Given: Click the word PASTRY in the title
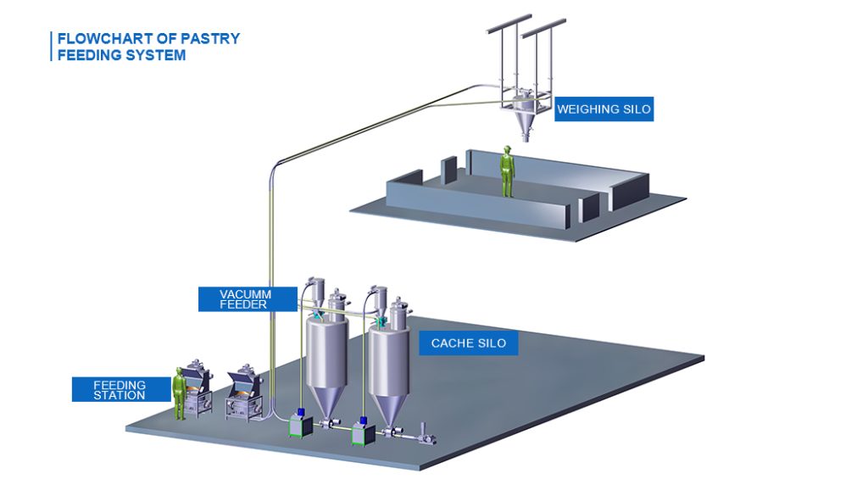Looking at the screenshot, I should [x=211, y=39].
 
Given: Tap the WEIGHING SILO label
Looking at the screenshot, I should [x=604, y=109].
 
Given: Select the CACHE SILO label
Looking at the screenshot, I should [x=468, y=343].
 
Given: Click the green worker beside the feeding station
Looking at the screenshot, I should [x=180, y=393].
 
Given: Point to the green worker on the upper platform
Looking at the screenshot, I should [x=507, y=171].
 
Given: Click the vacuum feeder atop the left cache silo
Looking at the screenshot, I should [x=315, y=293].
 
